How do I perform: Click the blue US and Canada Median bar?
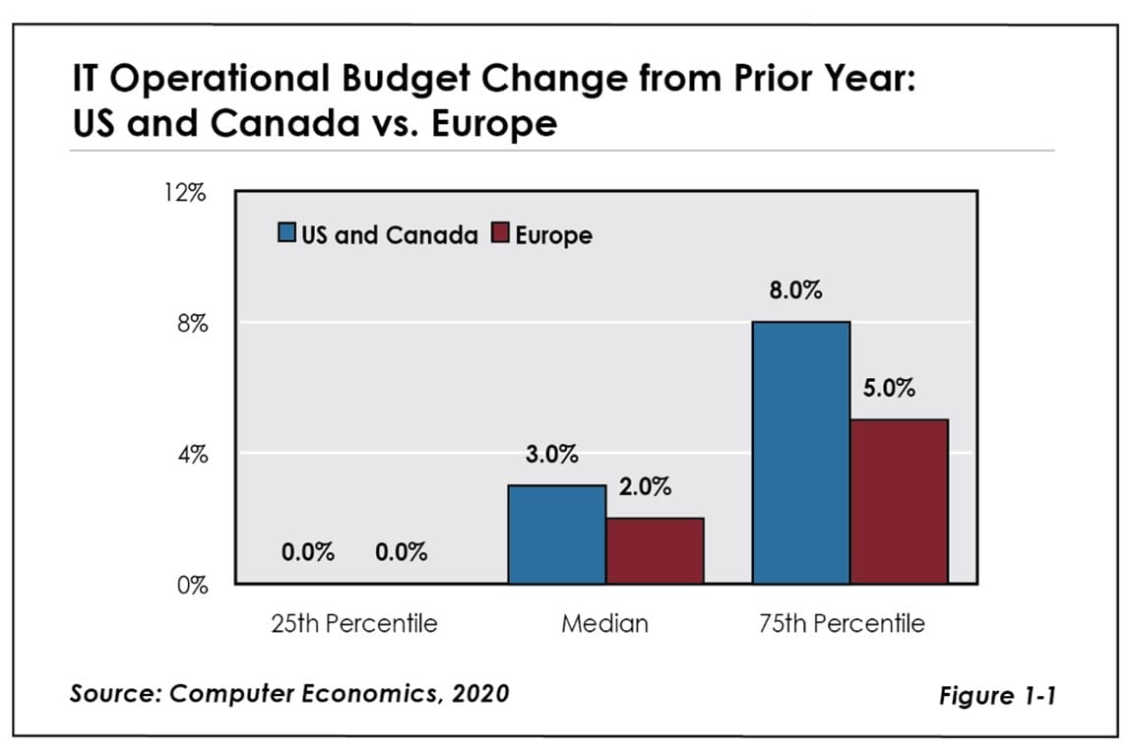click(x=556, y=534)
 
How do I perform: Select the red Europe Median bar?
click(x=655, y=550)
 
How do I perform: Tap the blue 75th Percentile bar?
click(x=800, y=452)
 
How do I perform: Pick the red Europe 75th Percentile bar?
click(x=899, y=501)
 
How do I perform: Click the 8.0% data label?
click(x=795, y=292)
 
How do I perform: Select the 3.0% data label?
click(x=551, y=456)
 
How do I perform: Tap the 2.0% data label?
click(x=645, y=487)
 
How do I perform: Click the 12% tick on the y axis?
click(x=185, y=192)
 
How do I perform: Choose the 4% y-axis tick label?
click(x=191, y=455)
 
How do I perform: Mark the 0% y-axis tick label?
click(x=191, y=586)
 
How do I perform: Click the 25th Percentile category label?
click(x=353, y=623)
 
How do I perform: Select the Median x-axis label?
click(x=604, y=623)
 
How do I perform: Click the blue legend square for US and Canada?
click(x=287, y=235)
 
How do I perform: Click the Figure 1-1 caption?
click(x=998, y=696)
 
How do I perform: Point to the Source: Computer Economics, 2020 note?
click(x=289, y=693)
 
